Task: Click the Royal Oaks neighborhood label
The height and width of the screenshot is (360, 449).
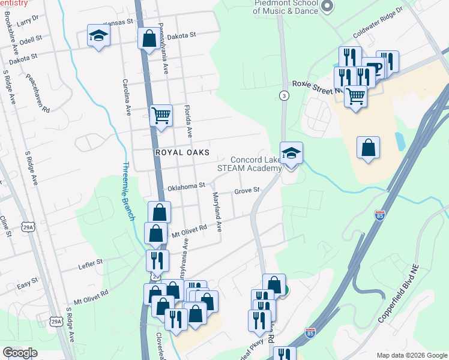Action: point(176,152)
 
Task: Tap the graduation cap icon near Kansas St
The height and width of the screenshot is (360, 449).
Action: point(98,36)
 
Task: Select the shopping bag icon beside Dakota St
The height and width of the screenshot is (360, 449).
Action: point(149,39)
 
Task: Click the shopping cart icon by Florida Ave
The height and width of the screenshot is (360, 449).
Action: point(161,115)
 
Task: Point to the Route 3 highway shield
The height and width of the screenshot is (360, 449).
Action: point(283,96)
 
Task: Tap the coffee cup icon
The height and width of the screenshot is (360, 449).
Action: point(373,68)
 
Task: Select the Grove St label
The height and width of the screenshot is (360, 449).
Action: point(246,191)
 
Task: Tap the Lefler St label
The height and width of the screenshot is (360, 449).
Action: point(91,262)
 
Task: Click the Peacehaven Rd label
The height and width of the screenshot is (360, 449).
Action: point(38,94)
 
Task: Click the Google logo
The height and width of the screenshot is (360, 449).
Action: point(20,353)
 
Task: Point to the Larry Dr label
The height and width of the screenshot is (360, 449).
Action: point(28,20)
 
